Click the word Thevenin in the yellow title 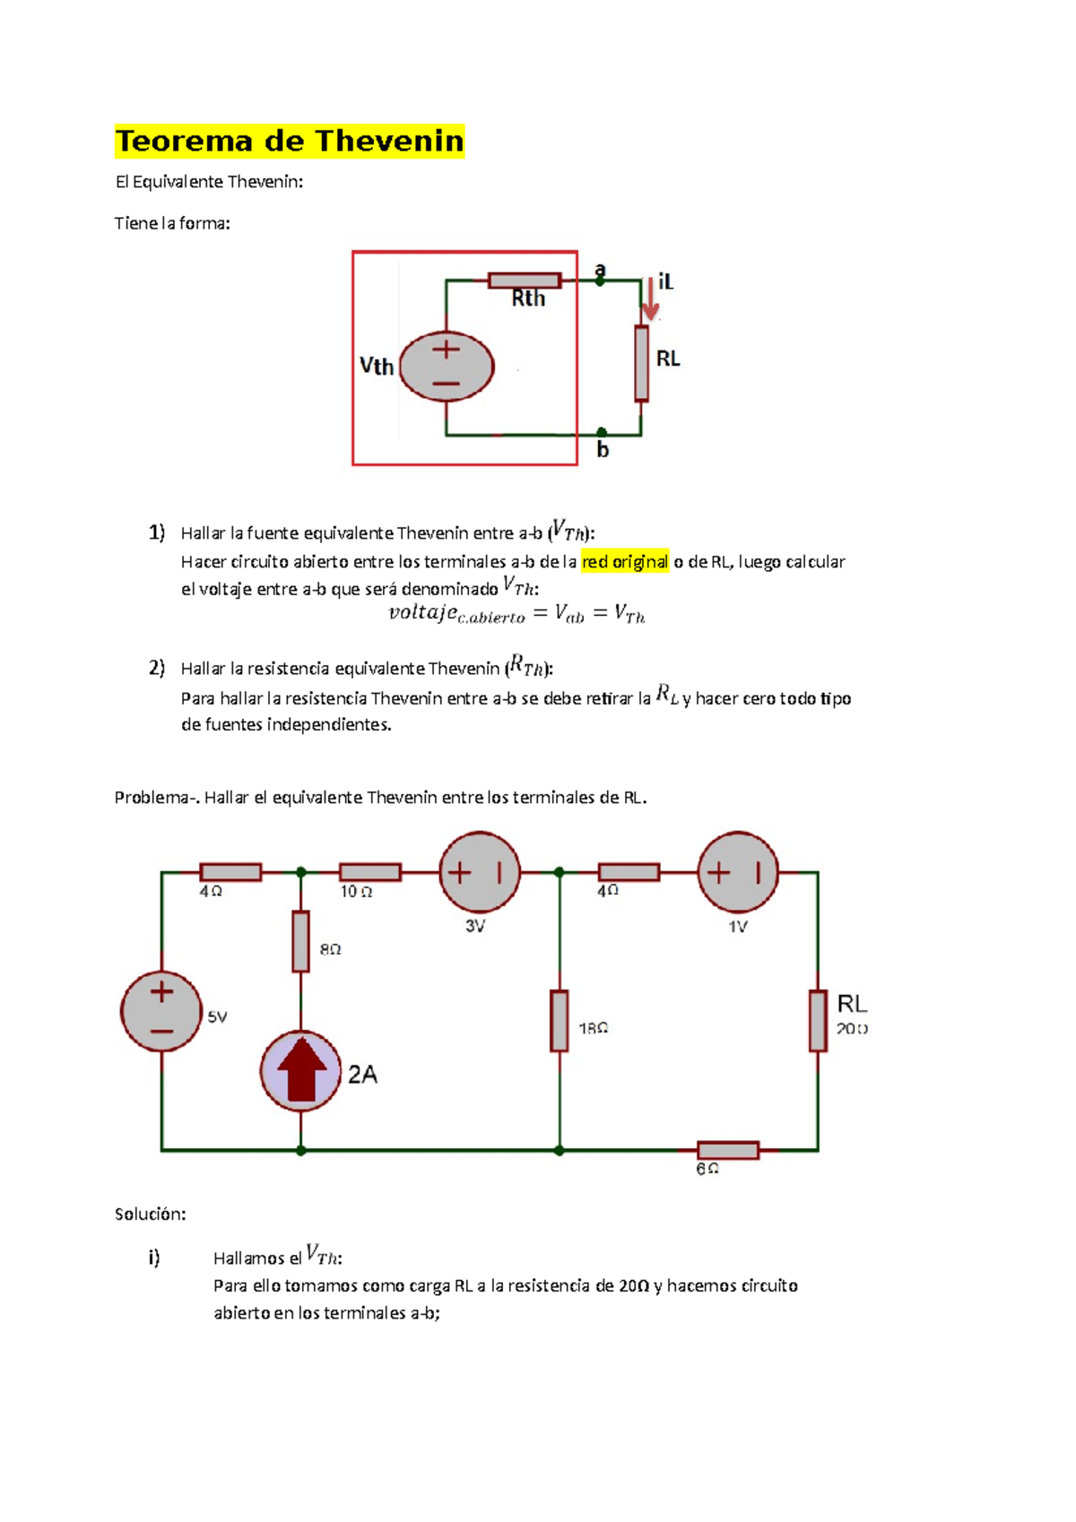pyautogui.click(x=389, y=142)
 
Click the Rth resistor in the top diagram pyautogui.click(x=525, y=281)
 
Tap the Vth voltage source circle pyautogui.click(x=447, y=366)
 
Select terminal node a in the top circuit pyautogui.click(x=600, y=281)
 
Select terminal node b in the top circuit pyautogui.click(x=602, y=434)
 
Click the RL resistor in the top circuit pyautogui.click(x=641, y=363)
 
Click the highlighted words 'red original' pyautogui.click(x=625, y=562)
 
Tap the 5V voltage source pyautogui.click(x=161, y=1011)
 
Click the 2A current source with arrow pyautogui.click(x=301, y=1070)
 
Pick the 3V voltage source pyautogui.click(x=480, y=872)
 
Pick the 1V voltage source pyautogui.click(x=738, y=872)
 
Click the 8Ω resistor pyautogui.click(x=301, y=941)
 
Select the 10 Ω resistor pyautogui.click(x=369, y=872)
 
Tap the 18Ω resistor pyautogui.click(x=560, y=1020)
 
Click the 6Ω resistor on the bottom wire pyautogui.click(x=727, y=1150)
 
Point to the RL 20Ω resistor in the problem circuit pyautogui.click(x=817, y=1020)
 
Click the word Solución pyautogui.click(x=150, y=1215)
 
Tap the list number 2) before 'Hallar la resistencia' pyautogui.click(x=157, y=668)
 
